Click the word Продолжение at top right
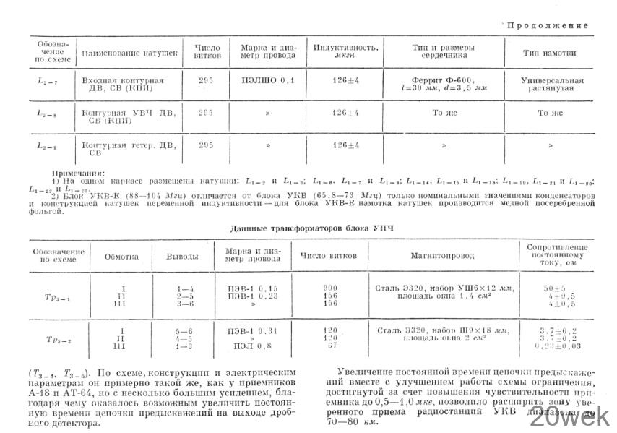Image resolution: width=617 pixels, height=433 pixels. [547, 25]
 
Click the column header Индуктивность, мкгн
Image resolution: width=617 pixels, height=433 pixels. [345, 51]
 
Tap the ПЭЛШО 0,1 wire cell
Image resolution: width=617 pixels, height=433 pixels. [269, 80]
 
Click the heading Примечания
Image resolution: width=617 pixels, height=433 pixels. [78, 173]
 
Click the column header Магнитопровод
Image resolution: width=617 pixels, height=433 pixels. [442, 256]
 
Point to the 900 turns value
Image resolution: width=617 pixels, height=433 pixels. [330, 288]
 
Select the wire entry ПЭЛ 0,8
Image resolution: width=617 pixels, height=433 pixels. [251, 346]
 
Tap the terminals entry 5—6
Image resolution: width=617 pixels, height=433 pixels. [184, 331]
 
